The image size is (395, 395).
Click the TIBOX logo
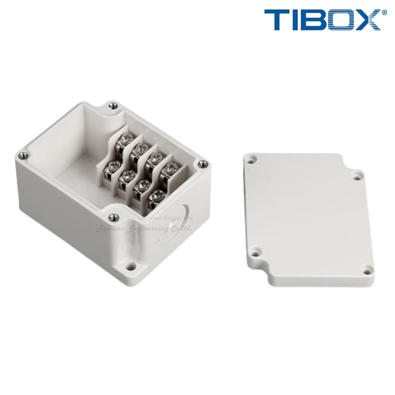pos(322,20)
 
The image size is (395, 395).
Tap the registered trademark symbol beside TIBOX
pos(384,13)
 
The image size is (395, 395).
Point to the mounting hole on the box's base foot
pos(131,266)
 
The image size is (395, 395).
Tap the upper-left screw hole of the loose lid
pos(252,159)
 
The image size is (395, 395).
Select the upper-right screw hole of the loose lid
pos(356,176)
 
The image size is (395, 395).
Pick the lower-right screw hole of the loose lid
pos(366,268)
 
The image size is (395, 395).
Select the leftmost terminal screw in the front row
pos(114,167)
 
